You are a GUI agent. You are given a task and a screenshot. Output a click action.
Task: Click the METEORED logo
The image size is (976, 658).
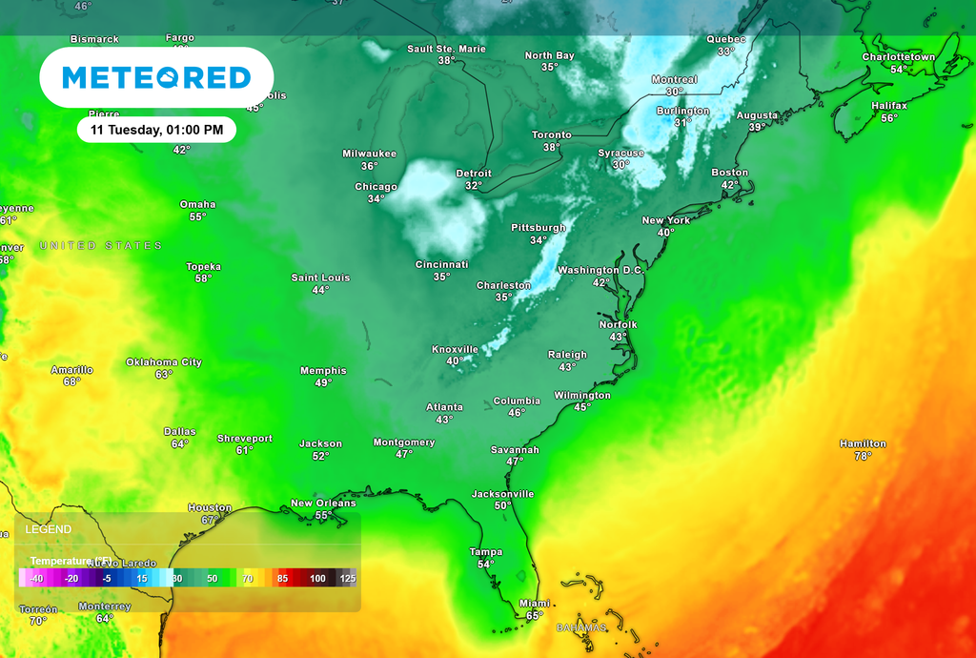(x=156, y=77)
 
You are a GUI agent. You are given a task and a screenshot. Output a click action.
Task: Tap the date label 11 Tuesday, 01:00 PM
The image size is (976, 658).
(x=156, y=130)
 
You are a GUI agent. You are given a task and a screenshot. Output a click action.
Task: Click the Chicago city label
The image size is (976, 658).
(x=376, y=187)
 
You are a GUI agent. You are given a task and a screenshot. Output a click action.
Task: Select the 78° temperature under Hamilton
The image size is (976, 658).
(x=863, y=456)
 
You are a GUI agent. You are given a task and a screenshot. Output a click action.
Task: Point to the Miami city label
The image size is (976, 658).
(x=534, y=604)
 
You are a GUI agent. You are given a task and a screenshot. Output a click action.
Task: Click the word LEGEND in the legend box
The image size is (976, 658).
(x=48, y=529)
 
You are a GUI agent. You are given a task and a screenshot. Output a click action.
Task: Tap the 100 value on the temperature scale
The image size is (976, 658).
(x=317, y=579)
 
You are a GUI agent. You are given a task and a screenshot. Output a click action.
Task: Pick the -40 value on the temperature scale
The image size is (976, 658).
(x=36, y=579)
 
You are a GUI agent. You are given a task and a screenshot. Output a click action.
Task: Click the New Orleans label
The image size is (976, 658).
(x=323, y=504)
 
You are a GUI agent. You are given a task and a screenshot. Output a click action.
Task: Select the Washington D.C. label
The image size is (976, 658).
(x=600, y=271)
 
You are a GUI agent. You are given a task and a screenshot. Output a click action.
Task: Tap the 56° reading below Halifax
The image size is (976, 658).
(x=889, y=118)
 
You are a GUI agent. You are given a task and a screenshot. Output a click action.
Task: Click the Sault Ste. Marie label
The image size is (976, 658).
(x=446, y=49)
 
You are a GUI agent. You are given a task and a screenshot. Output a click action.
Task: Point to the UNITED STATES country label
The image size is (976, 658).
(x=101, y=246)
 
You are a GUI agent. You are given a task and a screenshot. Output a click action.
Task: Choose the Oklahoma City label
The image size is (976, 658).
(x=164, y=362)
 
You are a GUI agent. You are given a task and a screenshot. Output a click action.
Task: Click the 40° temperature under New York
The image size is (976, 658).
(x=665, y=233)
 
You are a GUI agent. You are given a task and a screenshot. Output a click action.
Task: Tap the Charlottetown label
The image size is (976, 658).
(x=899, y=57)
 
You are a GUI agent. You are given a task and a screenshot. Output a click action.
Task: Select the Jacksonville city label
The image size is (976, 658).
(x=502, y=494)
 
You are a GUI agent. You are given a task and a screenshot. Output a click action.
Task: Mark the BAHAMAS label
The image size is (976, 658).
(x=581, y=627)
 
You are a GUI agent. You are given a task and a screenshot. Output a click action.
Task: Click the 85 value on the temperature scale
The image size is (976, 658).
(x=282, y=579)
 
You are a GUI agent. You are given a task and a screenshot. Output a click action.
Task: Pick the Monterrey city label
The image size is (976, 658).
(x=105, y=607)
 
